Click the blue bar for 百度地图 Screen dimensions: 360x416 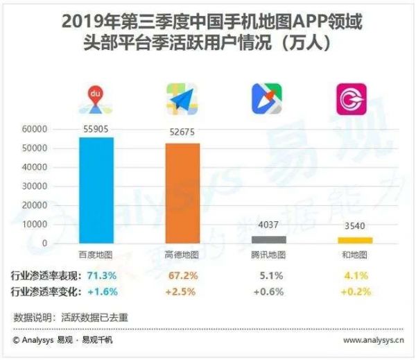[x=96, y=190]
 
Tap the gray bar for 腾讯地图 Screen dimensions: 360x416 [x=268, y=239]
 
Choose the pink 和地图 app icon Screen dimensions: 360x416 [x=352, y=99]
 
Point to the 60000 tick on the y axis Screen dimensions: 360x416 [x=35, y=129]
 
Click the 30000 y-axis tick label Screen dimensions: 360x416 [x=35, y=187]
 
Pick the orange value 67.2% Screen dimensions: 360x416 [x=182, y=275]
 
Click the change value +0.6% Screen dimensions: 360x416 [x=268, y=291]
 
